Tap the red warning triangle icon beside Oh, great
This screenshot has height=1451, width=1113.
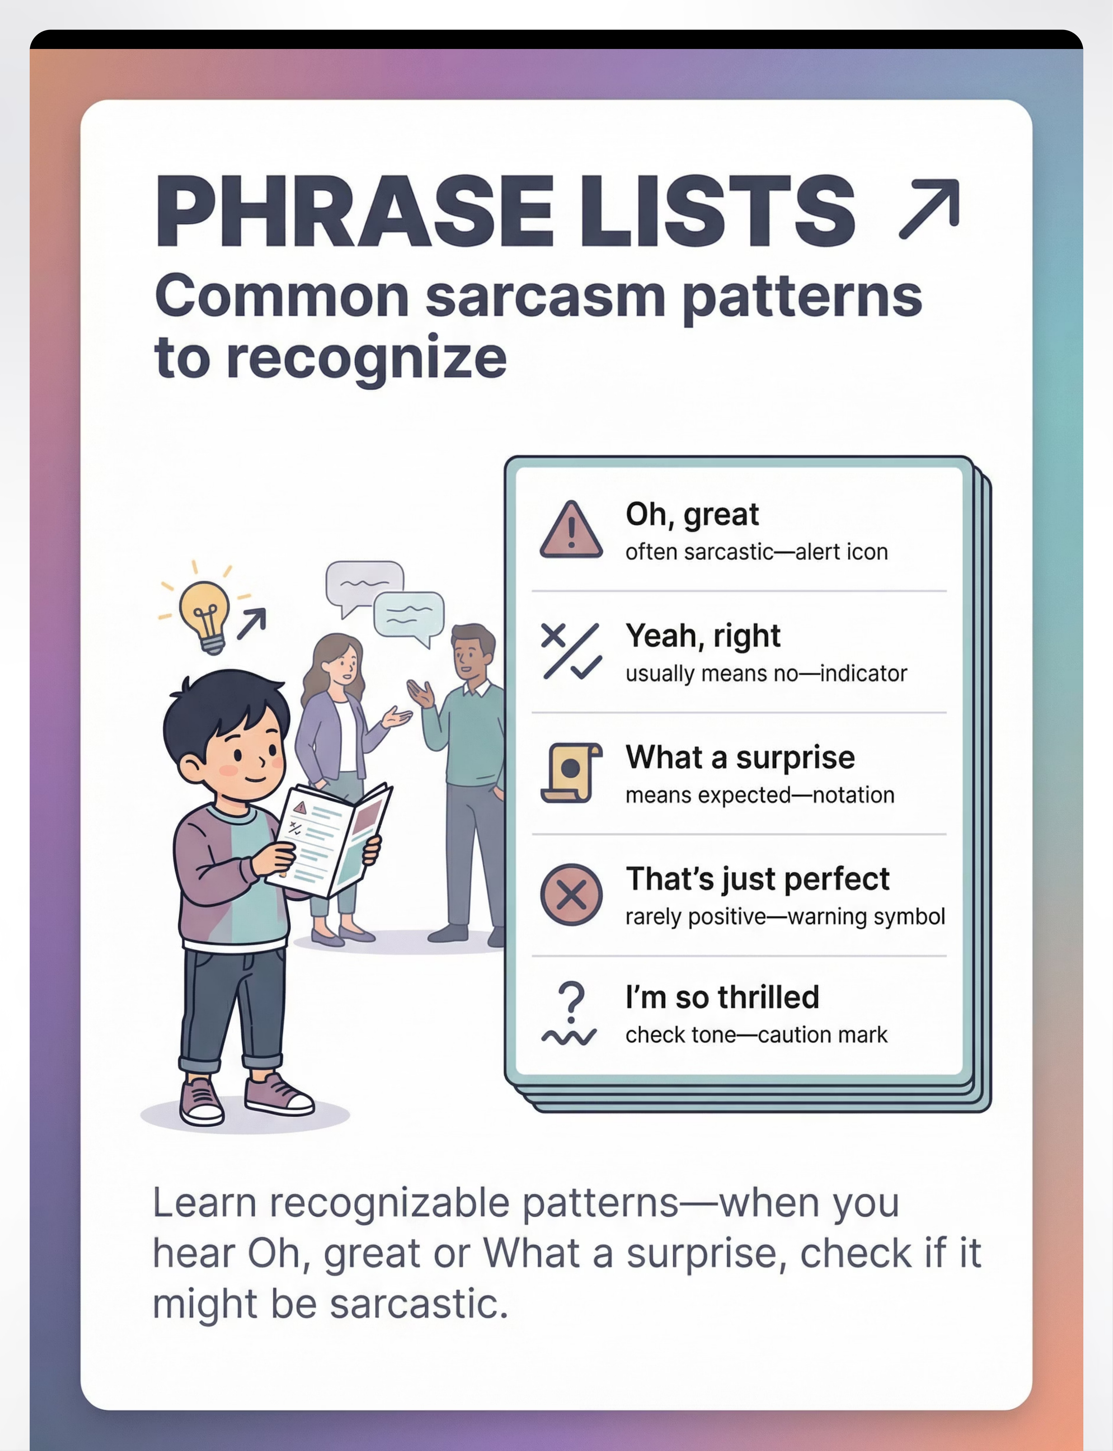[571, 530]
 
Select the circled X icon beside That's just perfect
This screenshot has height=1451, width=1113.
[571, 895]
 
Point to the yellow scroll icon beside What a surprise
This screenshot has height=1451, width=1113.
[571, 773]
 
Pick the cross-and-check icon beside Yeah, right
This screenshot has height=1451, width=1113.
[571, 651]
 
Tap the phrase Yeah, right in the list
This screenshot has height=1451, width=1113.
[703, 636]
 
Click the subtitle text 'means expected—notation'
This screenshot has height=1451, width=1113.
[760, 795]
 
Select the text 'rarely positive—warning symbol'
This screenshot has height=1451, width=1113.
[785, 917]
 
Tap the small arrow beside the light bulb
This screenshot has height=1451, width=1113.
[252, 624]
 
